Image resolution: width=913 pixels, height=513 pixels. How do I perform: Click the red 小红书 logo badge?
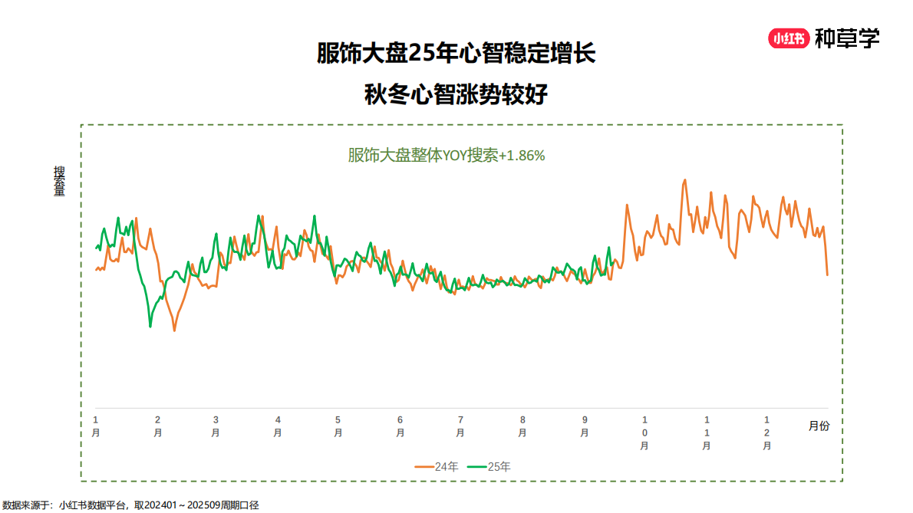(789, 38)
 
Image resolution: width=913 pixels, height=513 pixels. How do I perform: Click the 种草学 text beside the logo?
(847, 38)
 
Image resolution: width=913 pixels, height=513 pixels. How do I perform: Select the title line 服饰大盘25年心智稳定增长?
(456, 54)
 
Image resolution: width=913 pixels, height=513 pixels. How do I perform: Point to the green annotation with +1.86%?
(446, 156)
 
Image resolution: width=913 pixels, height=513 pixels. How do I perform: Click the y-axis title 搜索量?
(59, 181)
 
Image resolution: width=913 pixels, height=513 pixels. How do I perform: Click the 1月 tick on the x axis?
(96, 426)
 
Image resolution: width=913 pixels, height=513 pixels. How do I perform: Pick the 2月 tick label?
(157, 426)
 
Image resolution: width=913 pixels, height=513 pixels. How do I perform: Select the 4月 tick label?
(278, 426)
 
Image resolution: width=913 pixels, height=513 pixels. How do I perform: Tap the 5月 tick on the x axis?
(338, 426)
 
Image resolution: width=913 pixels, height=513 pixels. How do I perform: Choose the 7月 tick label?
(460, 426)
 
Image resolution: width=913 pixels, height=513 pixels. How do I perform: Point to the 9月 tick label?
(585, 426)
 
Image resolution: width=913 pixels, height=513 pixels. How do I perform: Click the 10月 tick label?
(644, 432)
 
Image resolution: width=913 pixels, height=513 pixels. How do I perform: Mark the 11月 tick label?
(707, 432)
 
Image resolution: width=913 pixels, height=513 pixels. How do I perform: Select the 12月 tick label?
(767, 432)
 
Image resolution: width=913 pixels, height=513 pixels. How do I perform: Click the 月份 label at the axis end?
(819, 426)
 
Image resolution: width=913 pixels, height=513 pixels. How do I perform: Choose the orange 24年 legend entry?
(437, 466)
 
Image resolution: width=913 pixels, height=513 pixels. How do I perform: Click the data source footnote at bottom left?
(130, 505)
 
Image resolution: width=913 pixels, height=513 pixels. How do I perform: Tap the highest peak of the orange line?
(684, 181)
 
